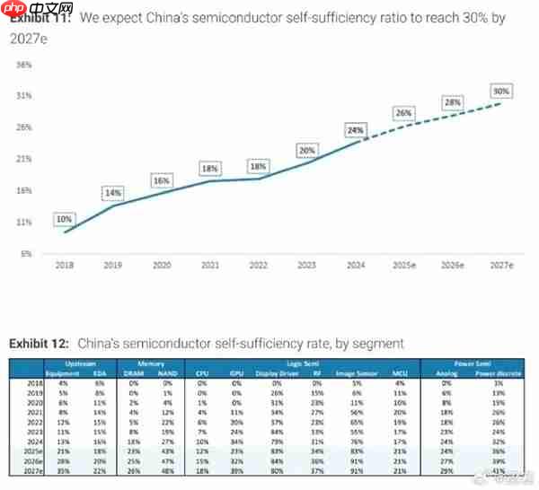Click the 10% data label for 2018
click(64, 219)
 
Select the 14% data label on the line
click(112, 193)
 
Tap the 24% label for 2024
click(356, 130)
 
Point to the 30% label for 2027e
click(501, 91)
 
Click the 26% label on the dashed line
click(403, 113)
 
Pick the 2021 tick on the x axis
click(209, 267)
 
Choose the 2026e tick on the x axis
click(453, 267)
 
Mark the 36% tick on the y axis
click(24, 65)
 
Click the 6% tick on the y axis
click(26, 253)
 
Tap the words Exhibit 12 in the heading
click(40, 343)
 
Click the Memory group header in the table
click(151, 363)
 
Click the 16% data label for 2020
click(161, 180)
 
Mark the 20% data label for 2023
click(307, 150)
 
